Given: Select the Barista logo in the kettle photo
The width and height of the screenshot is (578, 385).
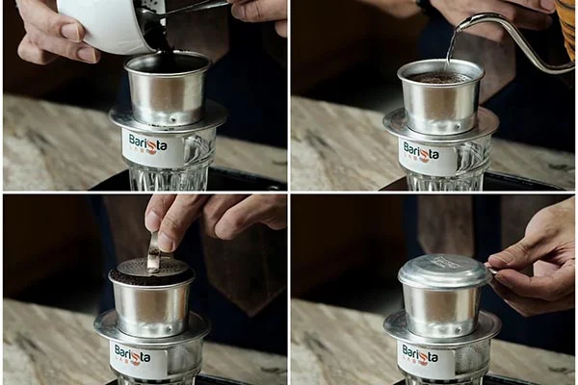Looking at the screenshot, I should point(422,152).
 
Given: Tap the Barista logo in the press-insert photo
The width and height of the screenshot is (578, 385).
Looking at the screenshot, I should point(133,355).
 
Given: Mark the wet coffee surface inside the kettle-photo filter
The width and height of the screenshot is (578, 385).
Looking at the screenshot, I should point(440,76).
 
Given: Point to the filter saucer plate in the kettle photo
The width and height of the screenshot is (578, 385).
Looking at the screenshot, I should point(440,125).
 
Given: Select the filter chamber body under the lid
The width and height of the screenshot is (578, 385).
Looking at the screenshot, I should point(440,310).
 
